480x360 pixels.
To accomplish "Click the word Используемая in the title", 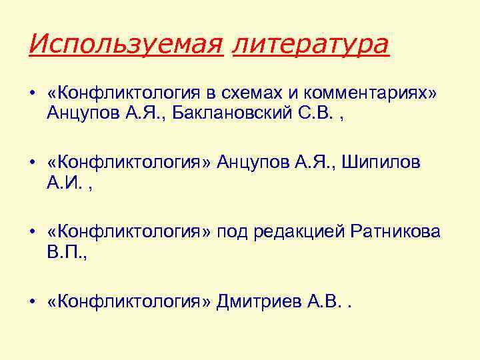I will (125, 45).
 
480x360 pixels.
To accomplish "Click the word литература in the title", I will (311, 45).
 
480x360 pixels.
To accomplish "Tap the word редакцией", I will (302, 233).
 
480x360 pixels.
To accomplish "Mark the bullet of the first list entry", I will (32, 95).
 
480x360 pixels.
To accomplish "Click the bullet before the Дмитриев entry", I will (32, 303).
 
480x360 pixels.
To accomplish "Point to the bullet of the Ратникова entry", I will (32, 234).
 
